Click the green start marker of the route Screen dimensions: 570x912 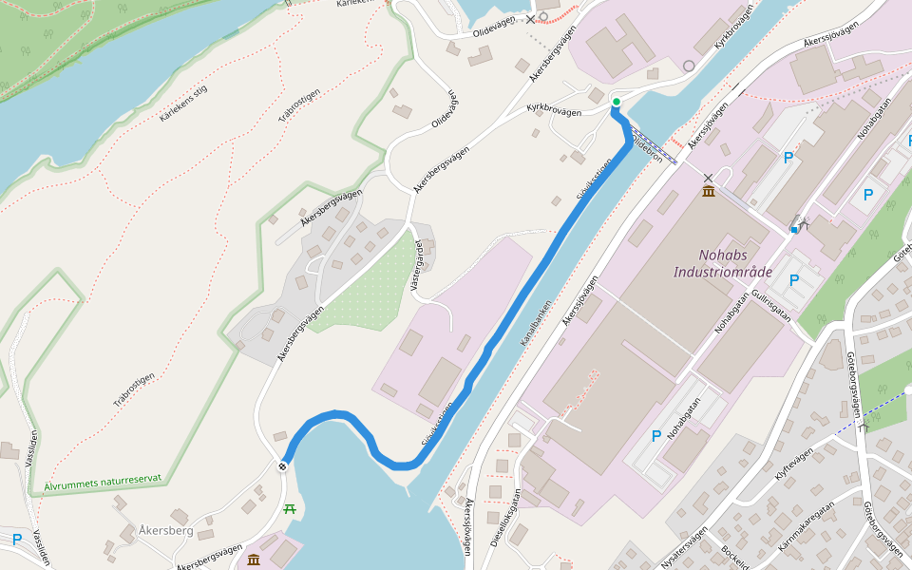[x=616, y=102]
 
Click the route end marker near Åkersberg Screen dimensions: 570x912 [x=283, y=466]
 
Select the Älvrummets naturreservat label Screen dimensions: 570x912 [x=103, y=484]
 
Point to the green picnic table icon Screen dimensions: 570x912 [x=290, y=509]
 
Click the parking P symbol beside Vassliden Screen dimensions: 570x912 [x=17, y=540]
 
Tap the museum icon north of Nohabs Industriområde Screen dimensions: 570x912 [x=709, y=193]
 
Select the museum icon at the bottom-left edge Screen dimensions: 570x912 [x=254, y=560]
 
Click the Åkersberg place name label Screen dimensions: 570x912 [x=165, y=529]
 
